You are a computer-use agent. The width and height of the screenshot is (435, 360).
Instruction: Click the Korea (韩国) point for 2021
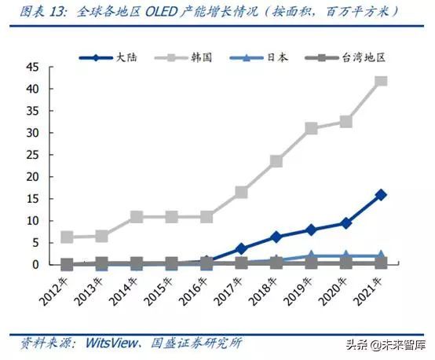click(x=381, y=81)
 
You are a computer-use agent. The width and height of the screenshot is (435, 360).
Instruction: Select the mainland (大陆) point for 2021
click(x=381, y=194)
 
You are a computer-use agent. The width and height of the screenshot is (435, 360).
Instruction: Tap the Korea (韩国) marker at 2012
click(x=68, y=237)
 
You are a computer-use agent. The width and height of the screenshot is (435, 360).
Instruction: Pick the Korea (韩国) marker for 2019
click(x=311, y=128)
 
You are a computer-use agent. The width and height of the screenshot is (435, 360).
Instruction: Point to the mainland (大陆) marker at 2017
click(x=241, y=248)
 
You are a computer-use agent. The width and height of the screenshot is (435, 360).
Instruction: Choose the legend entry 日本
click(x=263, y=57)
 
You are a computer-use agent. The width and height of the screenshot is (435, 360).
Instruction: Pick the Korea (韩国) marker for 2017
click(x=241, y=192)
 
